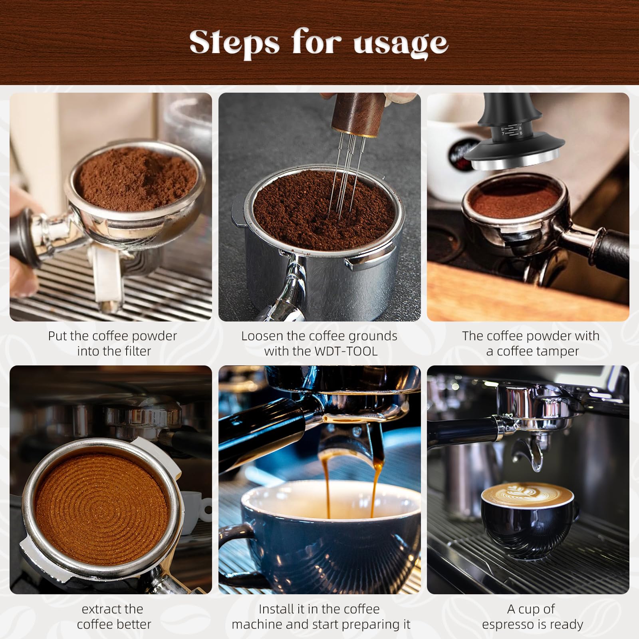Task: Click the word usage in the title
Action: point(401,43)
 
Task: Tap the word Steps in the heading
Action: point(234,42)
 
